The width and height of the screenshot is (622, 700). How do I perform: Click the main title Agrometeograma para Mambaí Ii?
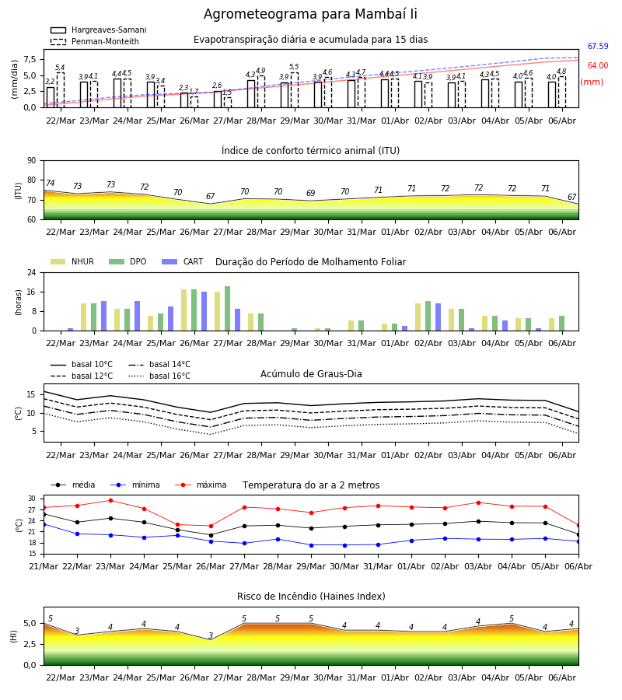310,14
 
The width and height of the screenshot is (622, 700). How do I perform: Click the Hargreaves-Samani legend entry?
99,30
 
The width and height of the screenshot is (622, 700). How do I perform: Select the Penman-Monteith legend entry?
95,41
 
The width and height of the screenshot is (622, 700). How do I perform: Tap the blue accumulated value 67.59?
598,46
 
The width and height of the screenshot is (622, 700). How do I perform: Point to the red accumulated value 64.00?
598,65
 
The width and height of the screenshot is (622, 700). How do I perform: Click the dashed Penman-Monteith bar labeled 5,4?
60,89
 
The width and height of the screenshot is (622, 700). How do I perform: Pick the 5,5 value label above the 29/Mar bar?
294,67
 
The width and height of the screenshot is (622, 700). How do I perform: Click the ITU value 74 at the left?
50,183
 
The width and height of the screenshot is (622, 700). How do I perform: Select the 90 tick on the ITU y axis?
32,161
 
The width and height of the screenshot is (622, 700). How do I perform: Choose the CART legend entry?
182,261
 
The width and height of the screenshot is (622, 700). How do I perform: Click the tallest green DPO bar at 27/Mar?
228,309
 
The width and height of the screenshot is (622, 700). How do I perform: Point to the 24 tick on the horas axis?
32,272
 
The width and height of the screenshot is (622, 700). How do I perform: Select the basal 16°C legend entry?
159,376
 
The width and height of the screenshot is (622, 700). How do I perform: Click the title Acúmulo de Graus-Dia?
311,374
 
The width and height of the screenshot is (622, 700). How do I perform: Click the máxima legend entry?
201,485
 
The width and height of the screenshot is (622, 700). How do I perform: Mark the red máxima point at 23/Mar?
110,500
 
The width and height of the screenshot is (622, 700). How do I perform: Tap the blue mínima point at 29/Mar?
312,545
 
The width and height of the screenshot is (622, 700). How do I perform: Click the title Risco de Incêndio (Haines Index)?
311,597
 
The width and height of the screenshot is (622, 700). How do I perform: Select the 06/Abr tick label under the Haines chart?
562,677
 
